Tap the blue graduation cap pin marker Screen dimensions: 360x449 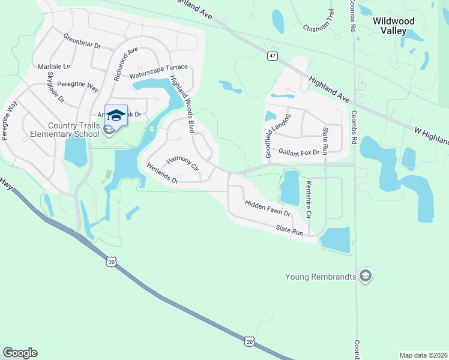(x=116, y=115)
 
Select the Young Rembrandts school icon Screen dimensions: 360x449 (x=365, y=276)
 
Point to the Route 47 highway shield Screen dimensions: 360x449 (x=273, y=56)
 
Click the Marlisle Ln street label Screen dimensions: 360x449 (x=54, y=66)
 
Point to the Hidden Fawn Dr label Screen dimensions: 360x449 (x=268, y=209)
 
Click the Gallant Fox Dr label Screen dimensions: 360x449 (x=298, y=153)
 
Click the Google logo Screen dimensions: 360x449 (x=20, y=353)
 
